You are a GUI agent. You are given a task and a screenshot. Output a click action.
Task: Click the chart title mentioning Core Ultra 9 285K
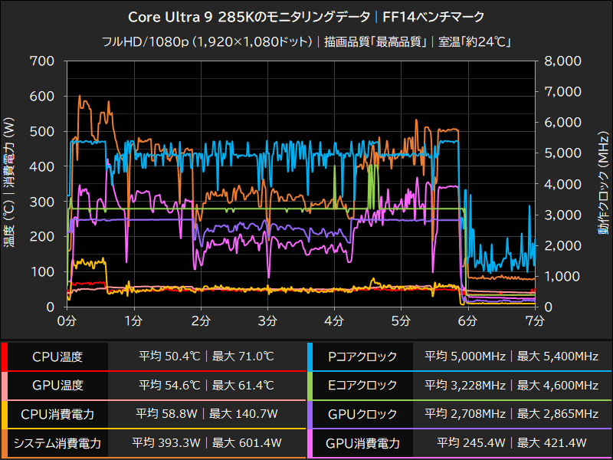pyautogui.click(x=306, y=16)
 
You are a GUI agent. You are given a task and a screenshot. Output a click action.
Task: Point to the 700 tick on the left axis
pyautogui.click(x=43, y=61)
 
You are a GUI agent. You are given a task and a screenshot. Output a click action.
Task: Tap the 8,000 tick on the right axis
pyautogui.click(x=564, y=61)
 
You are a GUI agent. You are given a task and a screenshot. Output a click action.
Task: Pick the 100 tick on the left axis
pyautogui.click(x=43, y=271)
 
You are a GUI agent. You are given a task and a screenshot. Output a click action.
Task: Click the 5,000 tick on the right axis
pyautogui.click(x=564, y=153)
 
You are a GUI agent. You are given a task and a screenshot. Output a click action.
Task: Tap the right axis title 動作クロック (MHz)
pyautogui.click(x=604, y=184)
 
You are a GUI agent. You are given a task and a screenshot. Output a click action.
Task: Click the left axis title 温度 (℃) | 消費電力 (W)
pyautogui.click(x=9, y=184)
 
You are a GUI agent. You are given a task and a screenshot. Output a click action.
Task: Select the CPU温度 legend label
pyautogui.click(x=57, y=356)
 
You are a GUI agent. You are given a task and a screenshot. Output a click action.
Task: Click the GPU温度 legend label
pyautogui.click(x=57, y=385)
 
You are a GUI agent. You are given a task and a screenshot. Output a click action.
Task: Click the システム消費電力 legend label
pyautogui.click(x=57, y=442)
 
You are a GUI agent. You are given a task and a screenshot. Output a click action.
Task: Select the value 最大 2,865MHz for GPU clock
pyautogui.click(x=559, y=414)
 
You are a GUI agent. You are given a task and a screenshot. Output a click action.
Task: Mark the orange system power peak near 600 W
pyautogui.click(x=80, y=97)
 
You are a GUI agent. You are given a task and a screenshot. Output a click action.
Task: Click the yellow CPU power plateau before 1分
pyautogui.click(x=90, y=263)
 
